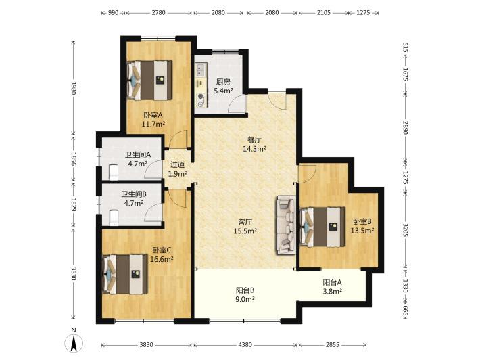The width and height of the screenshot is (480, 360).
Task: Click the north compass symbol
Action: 74,340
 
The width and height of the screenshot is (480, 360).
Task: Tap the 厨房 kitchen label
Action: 223,82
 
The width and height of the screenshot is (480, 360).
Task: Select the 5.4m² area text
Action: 224,91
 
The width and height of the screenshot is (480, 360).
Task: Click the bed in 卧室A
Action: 149,81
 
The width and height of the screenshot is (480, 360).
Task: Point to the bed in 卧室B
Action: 322,227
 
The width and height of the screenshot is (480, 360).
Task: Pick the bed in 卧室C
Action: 125,274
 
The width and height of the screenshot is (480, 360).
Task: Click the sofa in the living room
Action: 286,225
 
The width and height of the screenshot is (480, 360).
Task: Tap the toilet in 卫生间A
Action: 114,172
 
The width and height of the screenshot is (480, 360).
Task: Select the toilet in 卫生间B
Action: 114,217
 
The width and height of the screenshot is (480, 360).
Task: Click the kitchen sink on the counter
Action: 201,70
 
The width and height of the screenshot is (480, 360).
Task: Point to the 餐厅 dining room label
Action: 254,139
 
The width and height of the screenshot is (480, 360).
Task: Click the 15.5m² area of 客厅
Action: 245,231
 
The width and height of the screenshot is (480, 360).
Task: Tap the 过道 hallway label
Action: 178,165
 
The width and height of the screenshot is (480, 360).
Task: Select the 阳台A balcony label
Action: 332,282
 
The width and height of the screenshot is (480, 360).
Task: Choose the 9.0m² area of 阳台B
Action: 245,299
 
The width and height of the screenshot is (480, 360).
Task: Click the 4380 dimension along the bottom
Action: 245,345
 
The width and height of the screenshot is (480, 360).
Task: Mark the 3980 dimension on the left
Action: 74,87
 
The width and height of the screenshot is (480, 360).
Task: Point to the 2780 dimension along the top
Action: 159,13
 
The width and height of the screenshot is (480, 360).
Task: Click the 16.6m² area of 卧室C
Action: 162,259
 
